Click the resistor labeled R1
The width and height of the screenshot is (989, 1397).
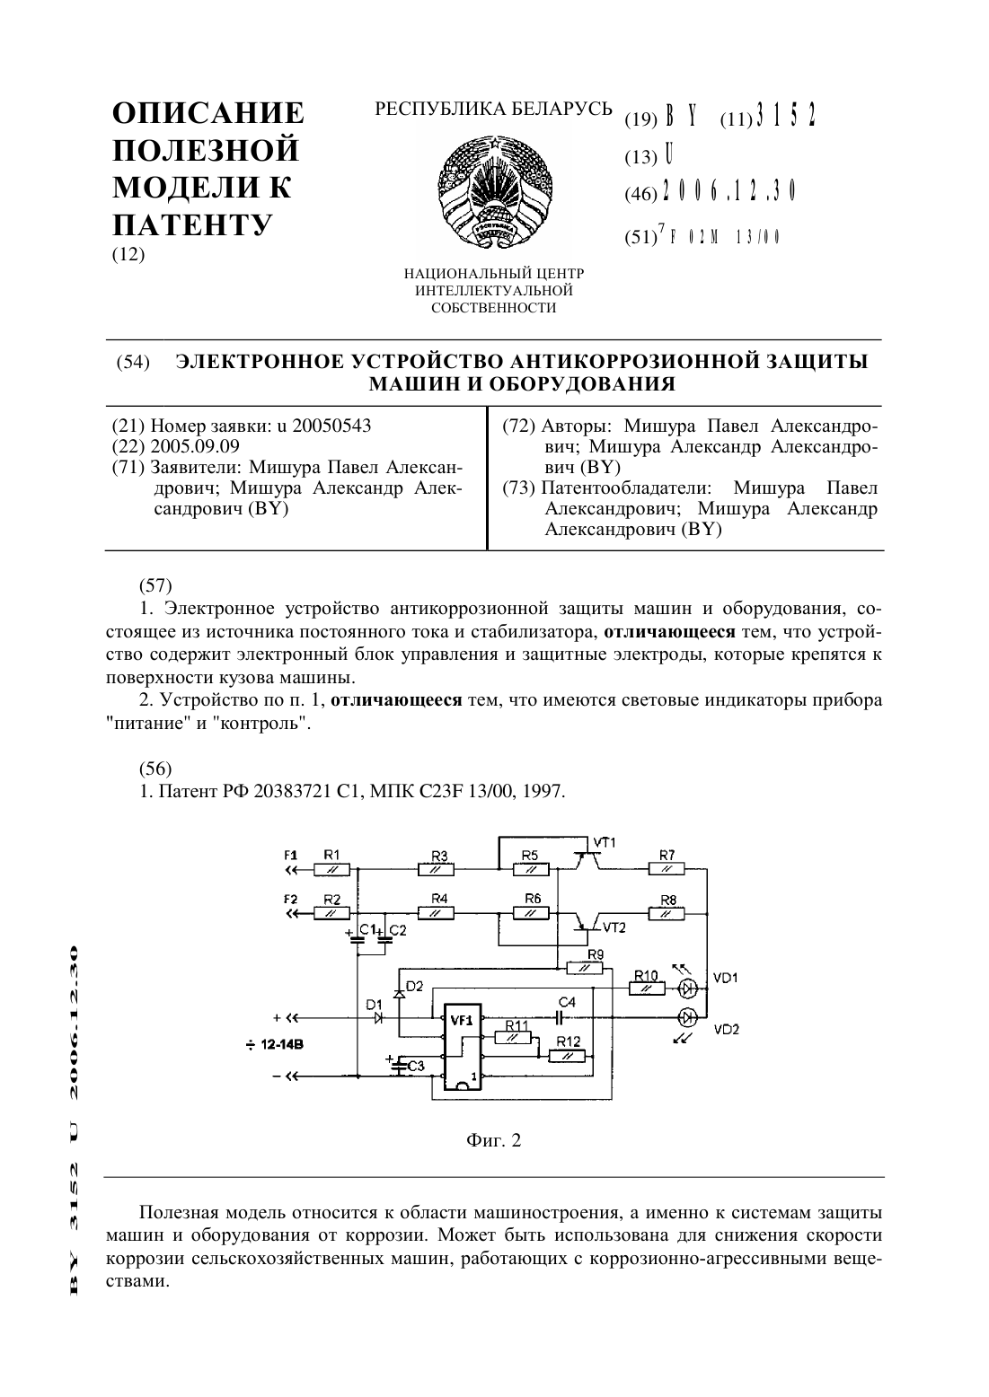331,869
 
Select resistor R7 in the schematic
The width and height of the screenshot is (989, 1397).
666,869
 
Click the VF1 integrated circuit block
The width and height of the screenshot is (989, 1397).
463,1047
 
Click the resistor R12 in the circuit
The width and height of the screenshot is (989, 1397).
567,1056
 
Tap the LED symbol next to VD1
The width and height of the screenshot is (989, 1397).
687,988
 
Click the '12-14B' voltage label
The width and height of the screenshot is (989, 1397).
282,1043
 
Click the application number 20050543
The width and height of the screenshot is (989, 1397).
331,426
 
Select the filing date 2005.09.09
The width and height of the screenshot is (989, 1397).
195,446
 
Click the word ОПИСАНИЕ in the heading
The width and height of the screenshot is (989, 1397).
208,113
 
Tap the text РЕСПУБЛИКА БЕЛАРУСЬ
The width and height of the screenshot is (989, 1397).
493,110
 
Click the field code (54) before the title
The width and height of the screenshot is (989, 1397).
133,363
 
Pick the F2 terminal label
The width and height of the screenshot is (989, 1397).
291,900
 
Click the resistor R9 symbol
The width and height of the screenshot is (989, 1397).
584,968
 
